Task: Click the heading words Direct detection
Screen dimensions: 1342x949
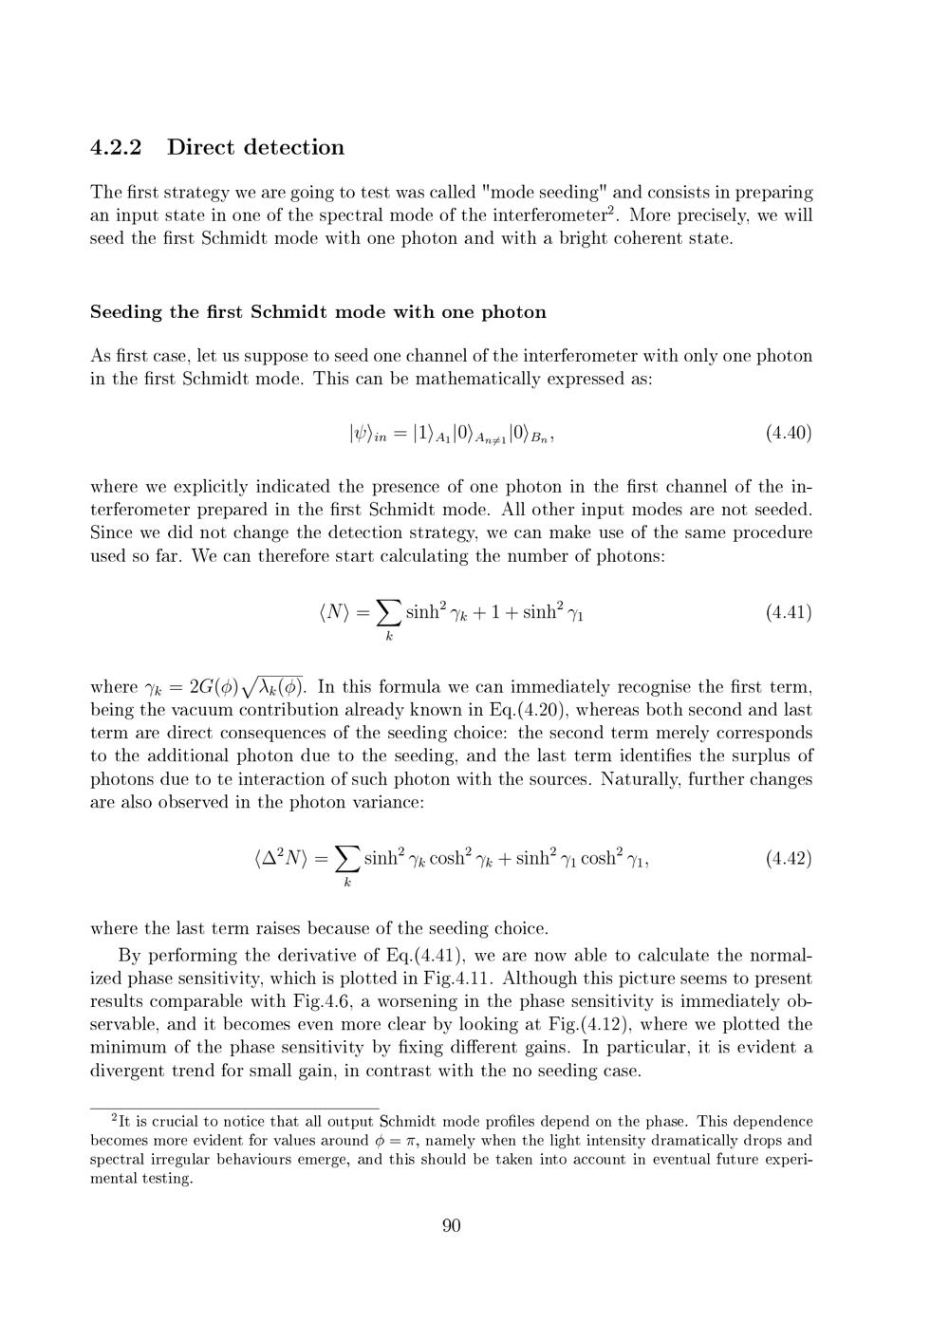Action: (x=255, y=147)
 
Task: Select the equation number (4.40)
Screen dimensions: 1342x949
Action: (x=788, y=434)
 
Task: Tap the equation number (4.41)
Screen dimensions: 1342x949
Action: (x=788, y=612)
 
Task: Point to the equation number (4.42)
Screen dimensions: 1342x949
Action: (x=788, y=859)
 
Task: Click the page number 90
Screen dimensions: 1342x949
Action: (x=452, y=1225)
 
